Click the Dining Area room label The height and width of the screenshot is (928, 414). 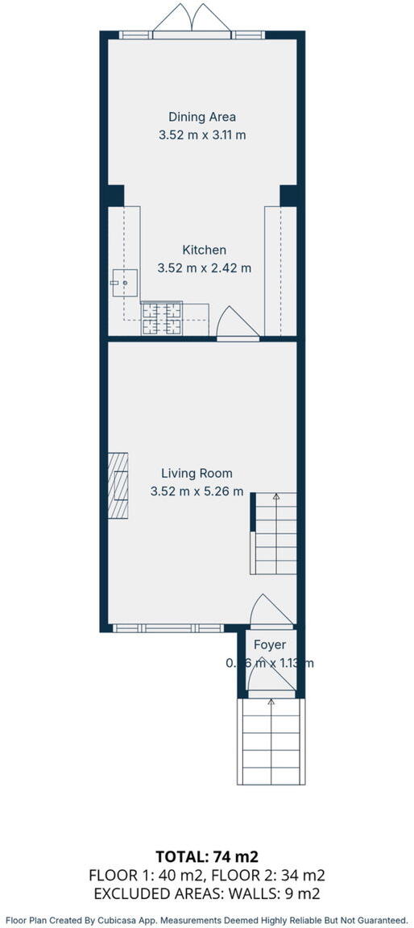tap(202, 117)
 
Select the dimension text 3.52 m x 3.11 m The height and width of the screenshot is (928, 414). tap(202, 135)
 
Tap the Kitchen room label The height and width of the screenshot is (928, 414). tap(204, 250)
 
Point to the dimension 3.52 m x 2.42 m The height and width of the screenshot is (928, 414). tap(204, 268)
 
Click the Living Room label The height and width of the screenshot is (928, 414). tap(197, 474)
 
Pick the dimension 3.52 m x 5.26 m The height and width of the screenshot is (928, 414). tap(197, 491)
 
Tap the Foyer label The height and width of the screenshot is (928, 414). tap(270, 645)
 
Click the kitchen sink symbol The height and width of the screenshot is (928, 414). tap(125, 283)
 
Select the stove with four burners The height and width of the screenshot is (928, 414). tap(162, 318)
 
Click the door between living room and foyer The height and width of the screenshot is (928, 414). tap(271, 612)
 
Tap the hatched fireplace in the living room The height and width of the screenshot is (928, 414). tap(118, 486)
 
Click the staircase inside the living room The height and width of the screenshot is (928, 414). tap(275, 533)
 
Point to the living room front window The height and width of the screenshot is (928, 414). tap(167, 628)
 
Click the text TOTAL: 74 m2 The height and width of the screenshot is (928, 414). tap(207, 855)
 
